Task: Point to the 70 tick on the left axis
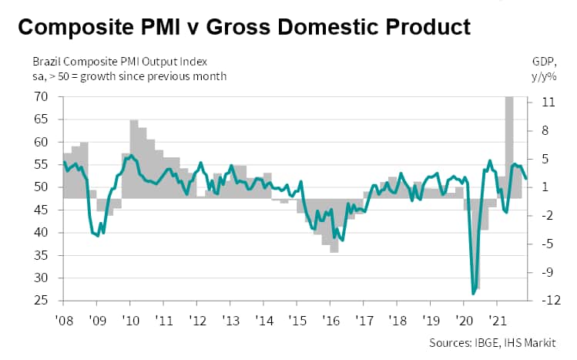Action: click(x=42, y=97)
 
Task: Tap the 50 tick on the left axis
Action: click(x=42, y=187)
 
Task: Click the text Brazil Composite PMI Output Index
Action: click(x=119, y=61)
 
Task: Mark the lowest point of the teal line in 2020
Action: click(x=474, y=294)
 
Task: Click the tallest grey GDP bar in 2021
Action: click(x=509, y=146)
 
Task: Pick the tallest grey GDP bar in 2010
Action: click(x=134, y=159)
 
